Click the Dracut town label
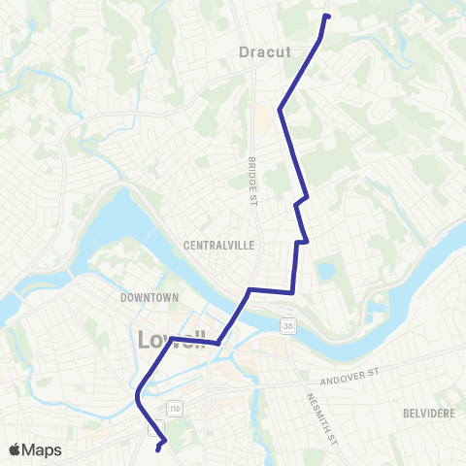point(265,52)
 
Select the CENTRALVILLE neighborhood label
point(218,246)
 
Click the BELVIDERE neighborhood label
point(427,413)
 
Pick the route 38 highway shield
point(287,323)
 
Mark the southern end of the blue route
point(158,449)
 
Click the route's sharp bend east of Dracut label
point(281,110)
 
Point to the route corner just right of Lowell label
point(219,342)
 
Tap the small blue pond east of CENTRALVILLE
point(324,271)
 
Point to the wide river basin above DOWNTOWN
point(116,218)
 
